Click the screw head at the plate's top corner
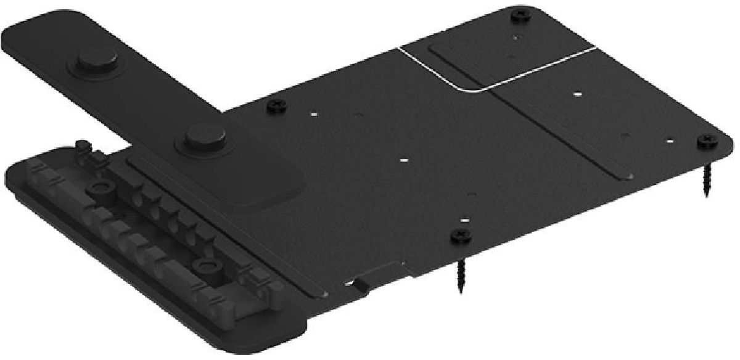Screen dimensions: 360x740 (x=522, y=14)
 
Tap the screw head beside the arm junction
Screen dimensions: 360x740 (x=274, y=105)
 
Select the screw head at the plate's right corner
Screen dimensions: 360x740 (x=707, y=142)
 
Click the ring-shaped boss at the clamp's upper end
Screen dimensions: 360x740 (x=98, y=186)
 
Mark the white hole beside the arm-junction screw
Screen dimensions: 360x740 (x=313, y=114)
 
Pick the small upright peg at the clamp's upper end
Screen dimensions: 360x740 (x=80, y=145)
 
